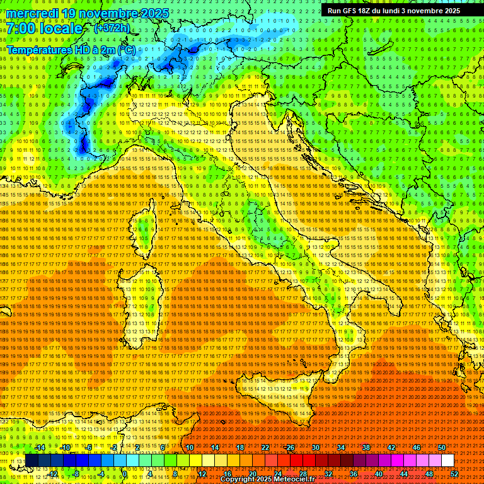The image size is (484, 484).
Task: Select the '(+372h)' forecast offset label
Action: pyautogui.click(x=112, y=28)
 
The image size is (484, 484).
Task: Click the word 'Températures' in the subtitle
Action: pyautogui.click(x=39, y=50)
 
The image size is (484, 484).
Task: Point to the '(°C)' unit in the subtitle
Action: pyautogui.click(x=125, y=50)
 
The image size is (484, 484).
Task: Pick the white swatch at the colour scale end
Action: pyautogui.click(x=447, y=461)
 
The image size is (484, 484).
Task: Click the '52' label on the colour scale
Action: pyautogui.click(x=454, y=474)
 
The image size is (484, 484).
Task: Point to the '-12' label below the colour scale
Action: pyautogui.click(x=52, y=474)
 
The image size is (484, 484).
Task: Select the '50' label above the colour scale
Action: pyautogui.click(x=442, y=447)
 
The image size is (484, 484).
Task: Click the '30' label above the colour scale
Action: pyautogui.click(x=316, y=447)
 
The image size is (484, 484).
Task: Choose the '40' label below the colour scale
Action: pyautogui.click(x=378, y=474)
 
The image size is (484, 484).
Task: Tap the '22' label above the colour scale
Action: pyautogui.click(x=265, y=447)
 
